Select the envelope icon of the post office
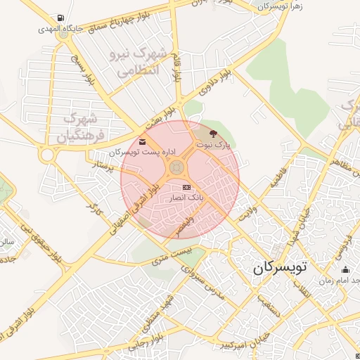(x=143, y=143)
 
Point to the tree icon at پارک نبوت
(x=213, y=132)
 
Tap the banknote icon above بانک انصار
(x=186, y=187)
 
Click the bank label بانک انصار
(x=185, y=198)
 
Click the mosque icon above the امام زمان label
(x=345, y=269)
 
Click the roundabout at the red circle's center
(x=176, y=167)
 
